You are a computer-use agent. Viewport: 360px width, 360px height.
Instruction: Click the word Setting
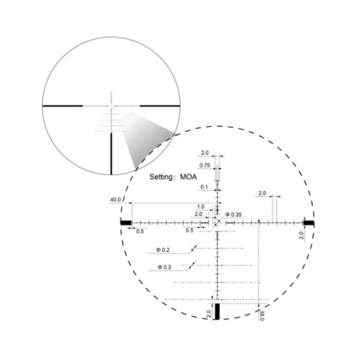[163, 176]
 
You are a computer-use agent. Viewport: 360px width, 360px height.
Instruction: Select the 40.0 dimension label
[115, 199]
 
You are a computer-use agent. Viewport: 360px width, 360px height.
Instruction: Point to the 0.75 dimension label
[204, 166]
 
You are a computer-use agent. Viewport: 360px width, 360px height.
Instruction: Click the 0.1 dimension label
[204, 187]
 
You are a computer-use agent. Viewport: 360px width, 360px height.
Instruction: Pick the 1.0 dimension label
[199, 207]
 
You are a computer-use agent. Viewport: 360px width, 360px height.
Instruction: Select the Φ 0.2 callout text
[163, 250]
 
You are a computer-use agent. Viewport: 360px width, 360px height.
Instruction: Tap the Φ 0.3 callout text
[163, 268]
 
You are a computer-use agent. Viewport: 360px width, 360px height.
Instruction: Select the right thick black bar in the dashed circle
[309, 223]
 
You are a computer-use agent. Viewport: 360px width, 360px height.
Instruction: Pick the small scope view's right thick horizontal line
[159, 106]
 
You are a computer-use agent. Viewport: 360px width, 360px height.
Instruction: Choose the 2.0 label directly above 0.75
[204, 153]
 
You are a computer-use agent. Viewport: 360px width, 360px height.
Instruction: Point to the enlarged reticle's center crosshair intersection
[217, 223]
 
